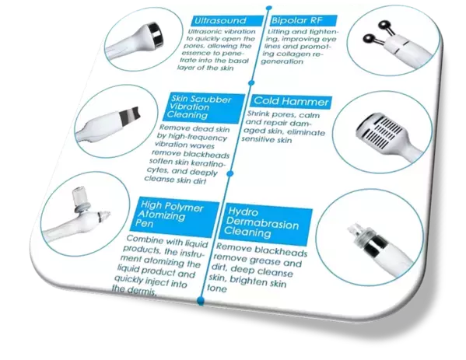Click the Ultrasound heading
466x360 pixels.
pos(220,20)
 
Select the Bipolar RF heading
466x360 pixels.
pos(296,20)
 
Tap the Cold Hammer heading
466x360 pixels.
pos(291,102)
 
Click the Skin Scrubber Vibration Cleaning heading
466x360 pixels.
pos(198,107)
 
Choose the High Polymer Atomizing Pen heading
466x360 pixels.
pos(170,214)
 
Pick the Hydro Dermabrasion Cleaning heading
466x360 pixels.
pos(261,223)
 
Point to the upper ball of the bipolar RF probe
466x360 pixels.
pos(384,26)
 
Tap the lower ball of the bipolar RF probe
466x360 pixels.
pos(369,40)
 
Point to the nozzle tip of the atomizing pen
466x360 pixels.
pos(105,215)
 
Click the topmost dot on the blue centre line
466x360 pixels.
pos(269,8)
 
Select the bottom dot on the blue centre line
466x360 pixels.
pos(201,300)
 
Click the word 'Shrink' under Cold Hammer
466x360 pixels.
pos(258,114)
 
